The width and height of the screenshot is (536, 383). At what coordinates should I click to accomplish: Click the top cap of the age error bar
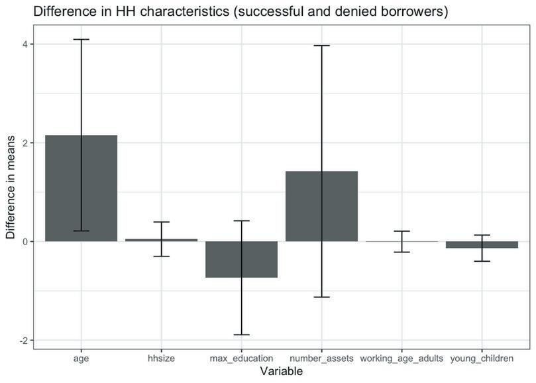click(x=81, y=40)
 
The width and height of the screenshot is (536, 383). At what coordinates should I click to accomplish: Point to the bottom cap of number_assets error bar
click(x=321, y=297)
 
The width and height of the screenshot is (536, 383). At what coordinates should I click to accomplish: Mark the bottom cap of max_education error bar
click(x=241, y=335)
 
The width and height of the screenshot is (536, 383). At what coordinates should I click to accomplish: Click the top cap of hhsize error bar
click(x=161, y=222)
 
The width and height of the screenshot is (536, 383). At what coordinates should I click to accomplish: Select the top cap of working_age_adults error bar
click(x=402, y=231)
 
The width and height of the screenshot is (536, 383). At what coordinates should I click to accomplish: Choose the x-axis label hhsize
click(x=161, y=358)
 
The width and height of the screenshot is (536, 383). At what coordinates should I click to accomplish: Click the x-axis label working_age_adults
click(x=402, y=358)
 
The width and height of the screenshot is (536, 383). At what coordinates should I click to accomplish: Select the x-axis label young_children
click(x=482, y=358)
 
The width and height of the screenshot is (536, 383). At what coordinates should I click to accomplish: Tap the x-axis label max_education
click(x=241, y=358)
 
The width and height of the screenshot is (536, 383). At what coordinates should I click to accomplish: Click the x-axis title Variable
click(x=282, y=372)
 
